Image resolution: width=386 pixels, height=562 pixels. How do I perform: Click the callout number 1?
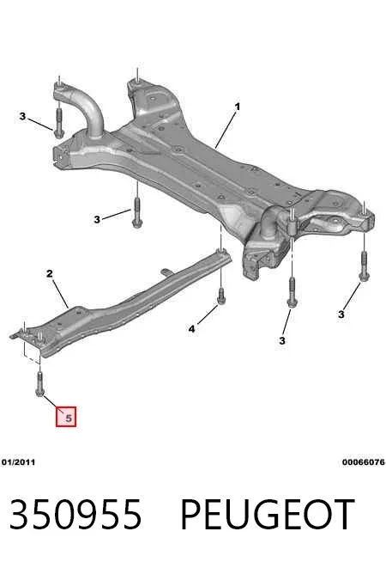[237, 107]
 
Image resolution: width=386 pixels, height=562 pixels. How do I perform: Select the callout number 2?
[50, 274]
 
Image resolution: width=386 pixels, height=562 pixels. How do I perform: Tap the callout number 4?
[192, 328]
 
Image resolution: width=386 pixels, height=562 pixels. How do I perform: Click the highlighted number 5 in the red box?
[69, 418]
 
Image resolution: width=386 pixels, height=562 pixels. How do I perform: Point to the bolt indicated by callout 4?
[221, 296]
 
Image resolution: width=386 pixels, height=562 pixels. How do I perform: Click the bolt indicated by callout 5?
[39, 384]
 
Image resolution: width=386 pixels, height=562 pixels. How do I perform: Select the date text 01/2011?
[19, 462]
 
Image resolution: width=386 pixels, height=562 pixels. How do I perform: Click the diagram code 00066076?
[364, 462]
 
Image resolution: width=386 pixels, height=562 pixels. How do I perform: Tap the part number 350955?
[75, 515]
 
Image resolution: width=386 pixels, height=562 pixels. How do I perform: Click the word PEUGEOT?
[268, 515]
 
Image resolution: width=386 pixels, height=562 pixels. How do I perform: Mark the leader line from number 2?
[61, 294]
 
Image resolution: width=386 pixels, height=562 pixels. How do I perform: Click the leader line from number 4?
[207, 315]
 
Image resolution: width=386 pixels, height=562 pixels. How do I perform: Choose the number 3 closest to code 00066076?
[341, 315]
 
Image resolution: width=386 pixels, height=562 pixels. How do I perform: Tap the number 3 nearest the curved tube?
[22, 117]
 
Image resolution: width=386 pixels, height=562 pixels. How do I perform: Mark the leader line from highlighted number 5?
[50, 403]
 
